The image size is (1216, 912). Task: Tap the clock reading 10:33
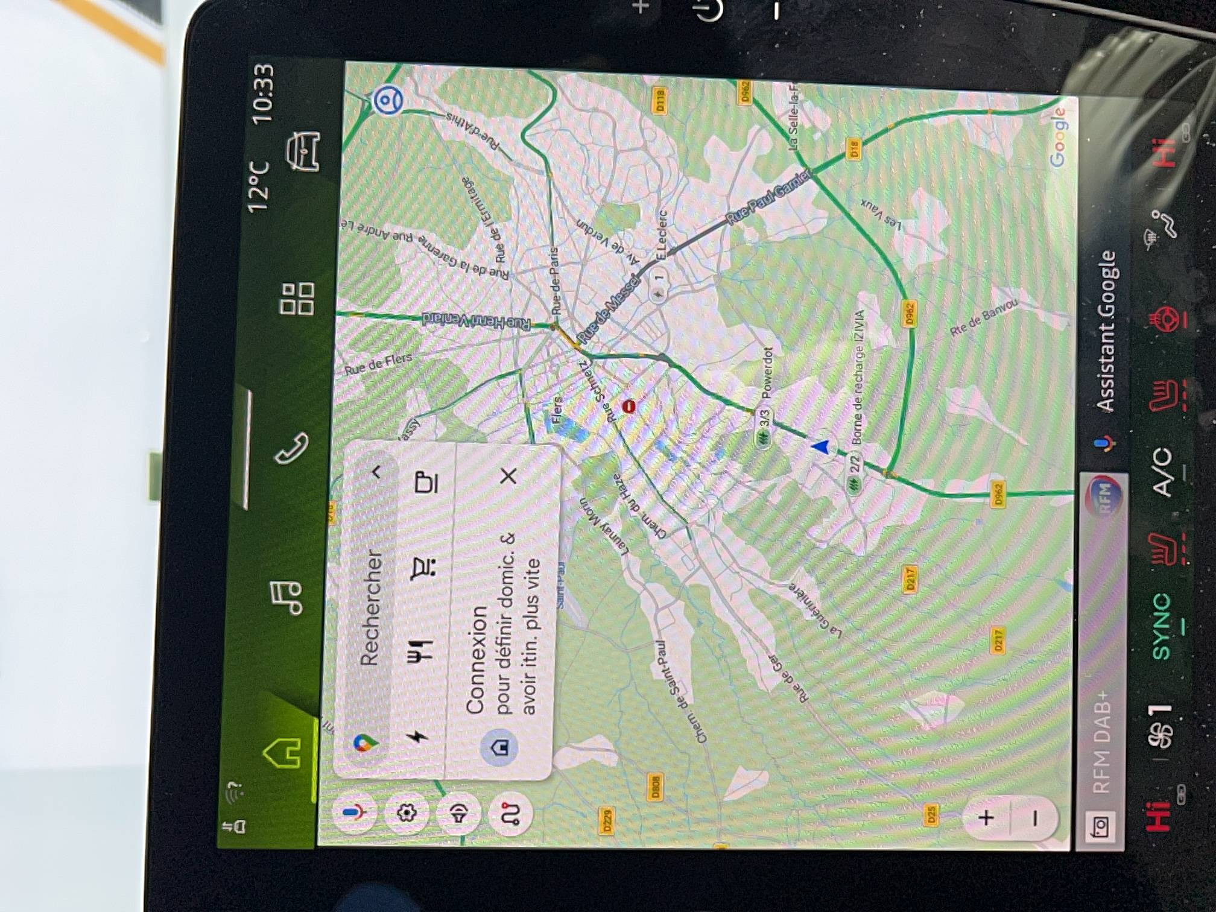[264, 93]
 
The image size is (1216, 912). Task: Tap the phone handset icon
[292, 448]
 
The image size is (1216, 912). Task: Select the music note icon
[286, 597]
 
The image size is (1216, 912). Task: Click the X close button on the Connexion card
[508, 476]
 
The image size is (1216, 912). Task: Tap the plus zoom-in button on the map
[986, 818]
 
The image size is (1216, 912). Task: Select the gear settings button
[407, 812]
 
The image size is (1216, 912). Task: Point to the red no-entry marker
[629, 407]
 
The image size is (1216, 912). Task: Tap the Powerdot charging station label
[767, 373]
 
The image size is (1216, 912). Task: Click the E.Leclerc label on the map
[662, 235]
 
